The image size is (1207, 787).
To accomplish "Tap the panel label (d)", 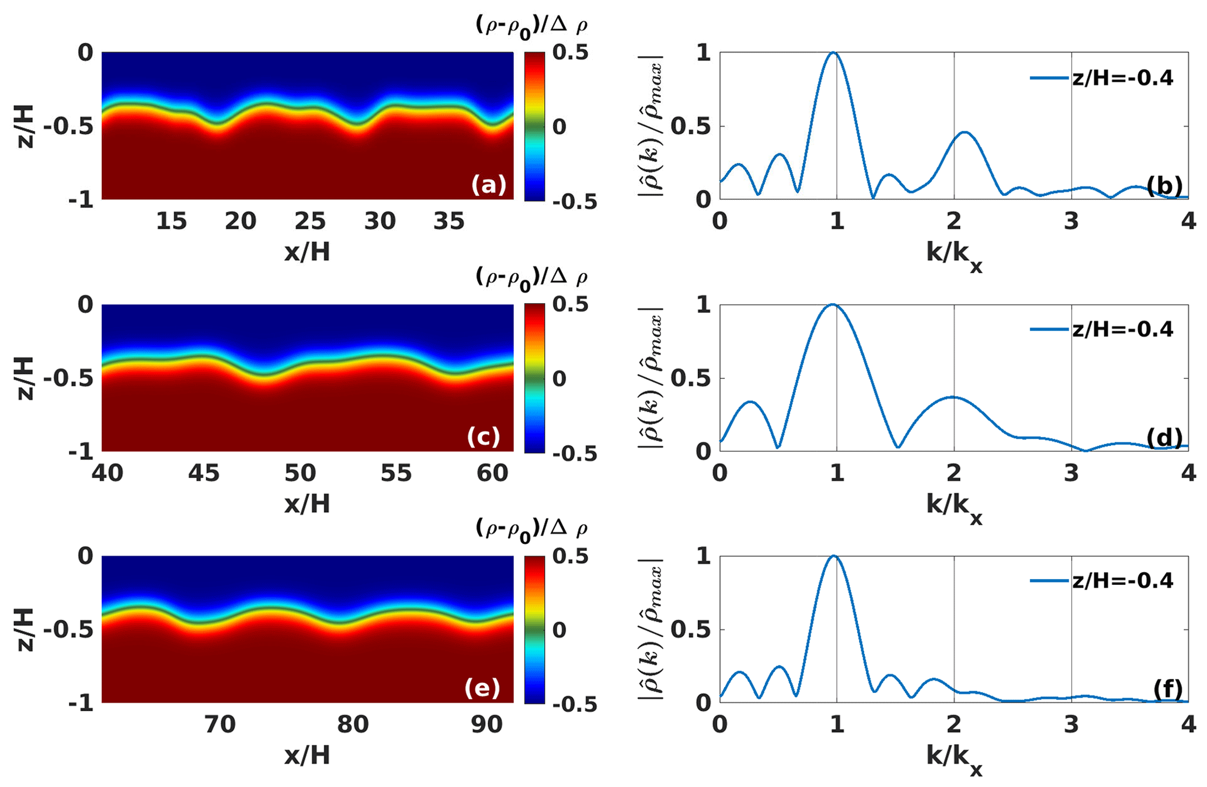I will pos(1164,438).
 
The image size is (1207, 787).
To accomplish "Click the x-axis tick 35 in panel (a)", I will pos(449,221).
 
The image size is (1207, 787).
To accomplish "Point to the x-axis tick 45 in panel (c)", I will pos(204,473).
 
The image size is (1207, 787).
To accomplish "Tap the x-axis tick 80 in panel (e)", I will pos(353,725).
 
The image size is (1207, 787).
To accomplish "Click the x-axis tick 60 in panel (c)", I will pos(492,473).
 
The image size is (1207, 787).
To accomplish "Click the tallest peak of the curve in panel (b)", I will pos(834,53).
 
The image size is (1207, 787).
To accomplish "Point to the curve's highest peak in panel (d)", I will pos(833,304).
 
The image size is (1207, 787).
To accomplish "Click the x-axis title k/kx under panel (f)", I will pos(954,758).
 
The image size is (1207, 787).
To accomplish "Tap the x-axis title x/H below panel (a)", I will pos(307,252).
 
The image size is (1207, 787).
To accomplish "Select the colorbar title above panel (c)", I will pos(531,278).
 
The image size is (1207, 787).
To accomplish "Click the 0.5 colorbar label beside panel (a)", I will pos(571,53).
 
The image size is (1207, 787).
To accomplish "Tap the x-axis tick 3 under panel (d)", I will pos(1071,473).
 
